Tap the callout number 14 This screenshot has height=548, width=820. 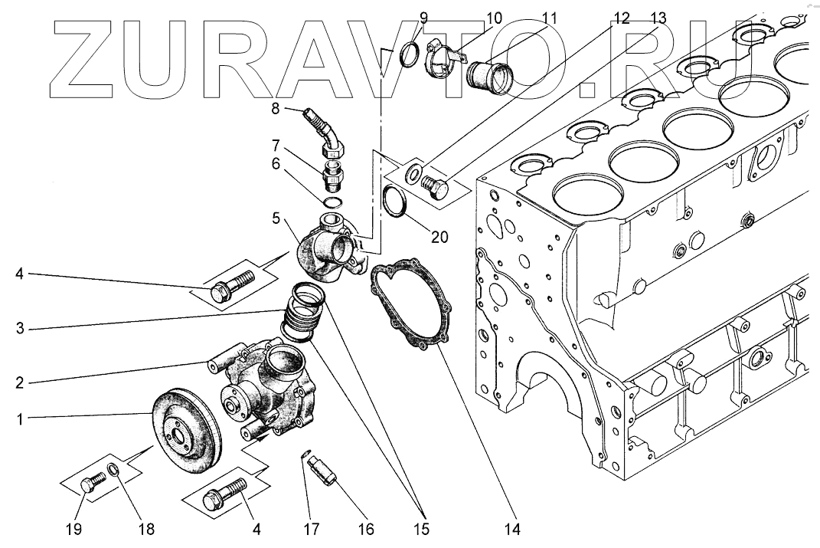click(512, 528)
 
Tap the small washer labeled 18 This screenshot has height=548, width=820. click(113, 470)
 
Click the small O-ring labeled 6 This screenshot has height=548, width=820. click(332, 203)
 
